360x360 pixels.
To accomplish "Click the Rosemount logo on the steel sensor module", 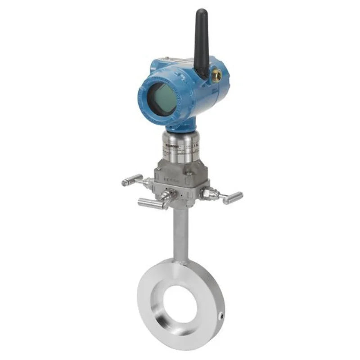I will coord(175,146).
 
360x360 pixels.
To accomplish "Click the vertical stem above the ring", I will coord(180,234).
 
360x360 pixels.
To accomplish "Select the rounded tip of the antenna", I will coord(201,12).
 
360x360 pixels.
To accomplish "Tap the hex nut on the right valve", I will coord(208,193).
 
